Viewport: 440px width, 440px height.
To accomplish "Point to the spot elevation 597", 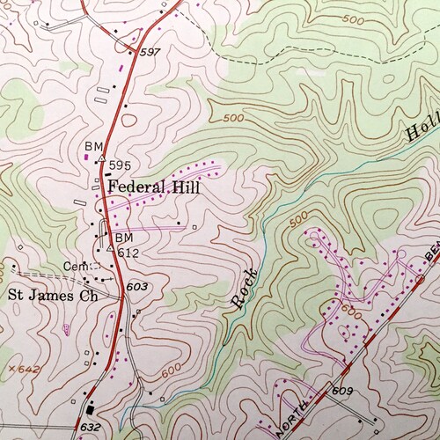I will point(150,53).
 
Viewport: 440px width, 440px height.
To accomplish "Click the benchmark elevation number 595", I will point(121,165).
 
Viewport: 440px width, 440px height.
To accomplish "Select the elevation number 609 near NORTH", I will point(342,389).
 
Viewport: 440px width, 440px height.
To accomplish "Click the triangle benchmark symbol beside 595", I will point(102,160).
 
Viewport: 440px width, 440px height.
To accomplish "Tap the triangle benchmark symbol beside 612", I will point(109,249).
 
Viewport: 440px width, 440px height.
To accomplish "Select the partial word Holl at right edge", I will point(421,128).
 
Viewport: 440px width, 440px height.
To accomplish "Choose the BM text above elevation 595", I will point(94,145).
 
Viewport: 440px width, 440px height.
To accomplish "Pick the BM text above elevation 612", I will point(123,238).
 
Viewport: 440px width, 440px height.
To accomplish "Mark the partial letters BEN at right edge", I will point(431,259).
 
